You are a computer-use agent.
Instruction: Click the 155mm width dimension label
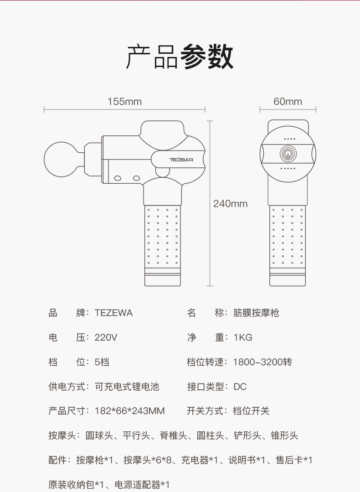click(124, 101)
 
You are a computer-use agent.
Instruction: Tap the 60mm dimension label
click(288, 101)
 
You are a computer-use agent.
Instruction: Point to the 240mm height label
click(231, 203)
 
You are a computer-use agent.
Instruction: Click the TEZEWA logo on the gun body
click(181, 160)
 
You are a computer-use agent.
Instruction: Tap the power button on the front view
click(288, 154)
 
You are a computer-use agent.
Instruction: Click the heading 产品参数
click(180, 57)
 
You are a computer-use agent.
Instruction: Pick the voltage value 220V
click(106, 338)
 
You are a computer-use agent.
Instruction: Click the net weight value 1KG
click(242, 338)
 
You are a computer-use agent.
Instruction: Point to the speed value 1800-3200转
click(262, 363)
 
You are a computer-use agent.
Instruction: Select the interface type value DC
click(240, 387)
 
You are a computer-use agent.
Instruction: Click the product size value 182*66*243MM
click(129, 411)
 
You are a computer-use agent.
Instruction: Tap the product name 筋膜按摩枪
click(256, 313)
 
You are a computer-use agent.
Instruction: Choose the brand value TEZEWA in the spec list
click(113, 313)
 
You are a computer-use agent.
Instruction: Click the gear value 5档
click(102, 363)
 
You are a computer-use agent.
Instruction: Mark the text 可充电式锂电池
click(127, 387)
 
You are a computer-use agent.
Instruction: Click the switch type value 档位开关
click(251, 411)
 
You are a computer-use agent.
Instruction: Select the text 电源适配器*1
click(142, 485)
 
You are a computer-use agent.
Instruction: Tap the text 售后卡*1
click(294, 461)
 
